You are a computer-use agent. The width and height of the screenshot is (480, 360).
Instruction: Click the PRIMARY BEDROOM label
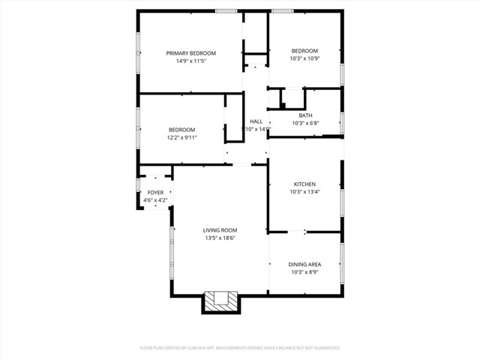(x=190, y=53)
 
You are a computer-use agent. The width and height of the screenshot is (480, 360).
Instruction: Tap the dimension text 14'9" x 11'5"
(x=190, y=61)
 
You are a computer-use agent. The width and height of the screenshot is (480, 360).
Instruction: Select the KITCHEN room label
(x=304, y=184)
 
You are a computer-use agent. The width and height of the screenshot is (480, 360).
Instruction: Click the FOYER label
(x=155, y=193)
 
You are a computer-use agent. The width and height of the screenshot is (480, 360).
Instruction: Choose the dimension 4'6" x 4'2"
(x=155, y=200)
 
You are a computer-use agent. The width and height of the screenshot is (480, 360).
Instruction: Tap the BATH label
(x=305, y=115)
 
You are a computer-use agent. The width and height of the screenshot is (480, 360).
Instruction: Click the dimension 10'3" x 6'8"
(x=305, y=123)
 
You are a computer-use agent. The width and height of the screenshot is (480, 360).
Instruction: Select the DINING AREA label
(x=305, y=264)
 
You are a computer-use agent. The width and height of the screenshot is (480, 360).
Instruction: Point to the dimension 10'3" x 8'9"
(x=305, y=271)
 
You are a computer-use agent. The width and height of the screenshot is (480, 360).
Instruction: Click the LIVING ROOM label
(x=220, y=230)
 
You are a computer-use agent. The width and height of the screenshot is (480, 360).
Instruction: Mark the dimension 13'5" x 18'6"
(x=220, y=238)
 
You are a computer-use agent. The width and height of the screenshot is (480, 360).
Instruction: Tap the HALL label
(x=256, y=121)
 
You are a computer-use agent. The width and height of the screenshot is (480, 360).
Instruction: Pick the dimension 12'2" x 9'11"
(x=181, y=137)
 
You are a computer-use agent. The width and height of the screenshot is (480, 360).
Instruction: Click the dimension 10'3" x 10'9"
(x=304, y=58)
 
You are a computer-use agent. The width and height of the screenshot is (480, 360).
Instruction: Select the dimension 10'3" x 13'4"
(x=304, y=192)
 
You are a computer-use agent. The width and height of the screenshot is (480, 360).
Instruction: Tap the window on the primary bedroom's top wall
(x=226, y=10)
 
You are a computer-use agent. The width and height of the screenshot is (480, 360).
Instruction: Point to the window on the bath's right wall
(x=342, y=122)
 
